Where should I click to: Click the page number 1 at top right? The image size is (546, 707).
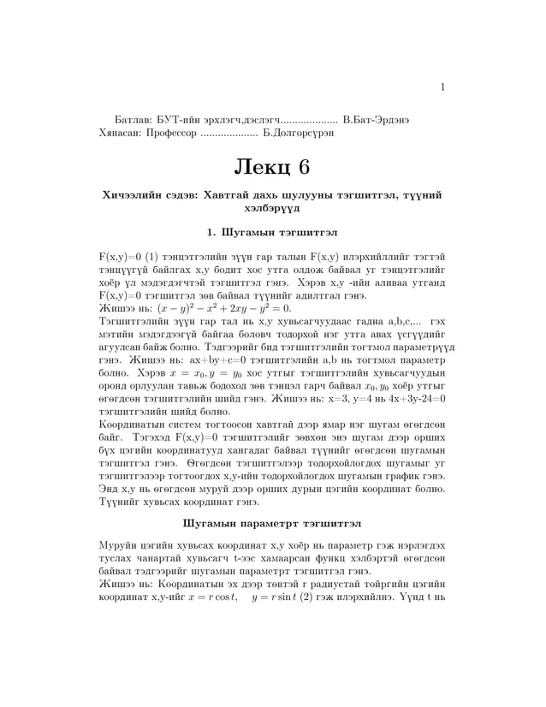click(x=442, y=86)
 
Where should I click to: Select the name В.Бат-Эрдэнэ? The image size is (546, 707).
click(x=375, y=120)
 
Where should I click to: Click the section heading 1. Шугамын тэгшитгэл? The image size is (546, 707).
click(x=272, y=231)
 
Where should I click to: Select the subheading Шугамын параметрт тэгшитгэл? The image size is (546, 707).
click(x=272, y=522)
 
